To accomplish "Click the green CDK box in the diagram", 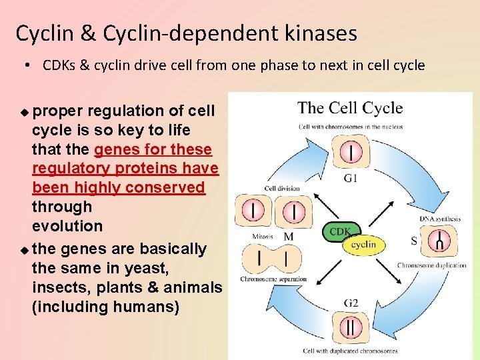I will (341, 231).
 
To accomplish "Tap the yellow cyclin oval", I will (363, 245).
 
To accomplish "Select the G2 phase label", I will (351, 303).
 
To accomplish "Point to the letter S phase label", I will (414, 241).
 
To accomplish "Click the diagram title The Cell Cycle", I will (350, 108).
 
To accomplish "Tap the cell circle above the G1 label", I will (351, 153).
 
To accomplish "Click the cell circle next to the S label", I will (439, 241).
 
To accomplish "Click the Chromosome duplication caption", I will (431, 265).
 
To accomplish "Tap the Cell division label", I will (282, 189).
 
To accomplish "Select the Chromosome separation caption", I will (273, 279).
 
